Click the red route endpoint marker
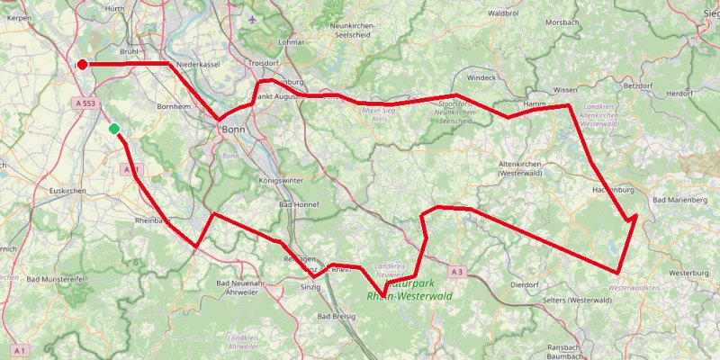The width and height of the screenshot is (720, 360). [82, 64]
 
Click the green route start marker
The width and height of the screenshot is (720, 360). [114, 130]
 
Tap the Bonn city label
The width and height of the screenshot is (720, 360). [232, 130]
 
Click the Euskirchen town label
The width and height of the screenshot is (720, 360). [67, 191]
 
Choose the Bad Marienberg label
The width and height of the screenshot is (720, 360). [681, 198]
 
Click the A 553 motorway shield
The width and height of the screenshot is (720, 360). [85, 104]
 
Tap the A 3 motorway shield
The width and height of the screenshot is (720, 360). [456, 271]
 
